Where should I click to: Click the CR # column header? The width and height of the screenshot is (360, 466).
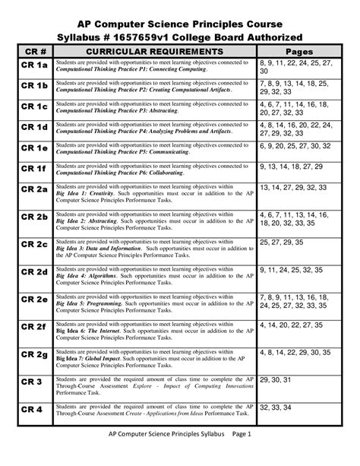pos(34,51)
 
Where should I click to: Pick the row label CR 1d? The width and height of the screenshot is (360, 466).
pos(34,126)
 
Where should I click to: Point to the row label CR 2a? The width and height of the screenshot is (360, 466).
pos(34,189)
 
